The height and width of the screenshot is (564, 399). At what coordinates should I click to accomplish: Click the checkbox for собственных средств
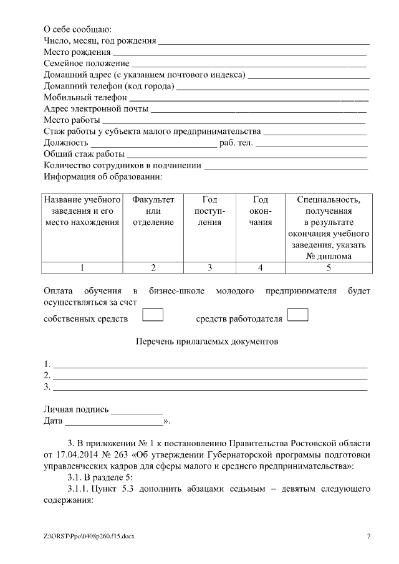point(153,314)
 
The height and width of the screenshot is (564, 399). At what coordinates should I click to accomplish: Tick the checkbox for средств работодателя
point(298,314)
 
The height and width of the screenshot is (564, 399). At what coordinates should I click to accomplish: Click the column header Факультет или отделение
point(153,211)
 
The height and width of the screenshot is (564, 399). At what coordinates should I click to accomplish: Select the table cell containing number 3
point(209,268)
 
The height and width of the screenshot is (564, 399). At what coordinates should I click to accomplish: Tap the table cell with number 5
point(329,268)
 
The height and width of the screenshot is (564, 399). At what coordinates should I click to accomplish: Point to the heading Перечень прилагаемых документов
point(206,342)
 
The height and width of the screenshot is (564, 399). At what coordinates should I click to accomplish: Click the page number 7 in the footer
point(368,536)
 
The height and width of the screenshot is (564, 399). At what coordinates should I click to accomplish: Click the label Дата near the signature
point(53,422)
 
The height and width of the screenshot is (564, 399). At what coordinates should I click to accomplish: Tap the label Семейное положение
point(87,64)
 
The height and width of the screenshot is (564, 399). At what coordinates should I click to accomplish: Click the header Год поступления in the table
point(209,211)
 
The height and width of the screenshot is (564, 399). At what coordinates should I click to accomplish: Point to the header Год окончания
point(261,211)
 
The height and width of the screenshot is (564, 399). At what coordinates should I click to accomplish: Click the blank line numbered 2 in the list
point(209,376)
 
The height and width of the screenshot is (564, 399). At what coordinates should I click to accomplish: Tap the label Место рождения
point(77,52)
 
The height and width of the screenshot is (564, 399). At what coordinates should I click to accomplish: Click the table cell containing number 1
point(82,268)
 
